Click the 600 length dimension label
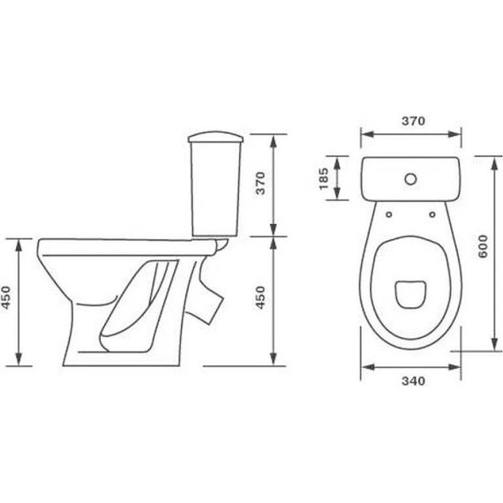(x=483, y=246)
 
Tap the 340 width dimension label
(x=413, y=380)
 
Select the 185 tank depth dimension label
(x=324, y=178)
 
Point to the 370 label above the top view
(x=413, y=121)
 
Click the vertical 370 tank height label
(x=260, y=184)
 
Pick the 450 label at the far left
(x=6, y=297)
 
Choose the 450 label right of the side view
(x=260, y=297)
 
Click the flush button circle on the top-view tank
(x=410, y=179)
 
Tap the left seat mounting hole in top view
(x=389, y=214)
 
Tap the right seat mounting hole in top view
(x=432, y=214)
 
